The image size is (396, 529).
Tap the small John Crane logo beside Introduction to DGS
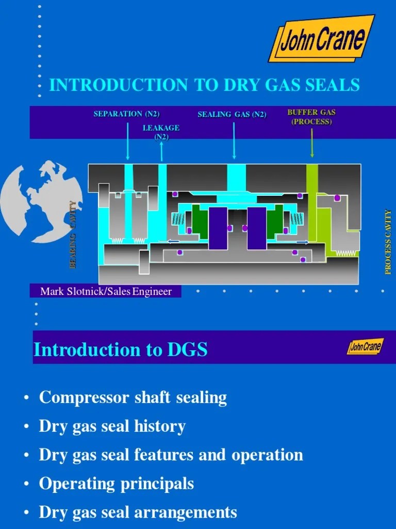click(x=365, y=347)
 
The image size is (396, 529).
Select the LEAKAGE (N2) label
click(x=161, y=132)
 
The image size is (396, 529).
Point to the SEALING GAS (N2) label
click(x=232, y=115)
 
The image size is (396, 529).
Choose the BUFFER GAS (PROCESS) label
click(x=311, y=117)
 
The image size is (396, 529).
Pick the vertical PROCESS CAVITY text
click(x=388, y=242)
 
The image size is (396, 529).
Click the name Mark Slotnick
click(x=73, y=292)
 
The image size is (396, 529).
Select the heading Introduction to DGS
click(x=120, y=350)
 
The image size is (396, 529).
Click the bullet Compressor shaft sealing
click(x=133, y=398)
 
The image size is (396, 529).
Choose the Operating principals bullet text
click(x=117, y=484)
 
